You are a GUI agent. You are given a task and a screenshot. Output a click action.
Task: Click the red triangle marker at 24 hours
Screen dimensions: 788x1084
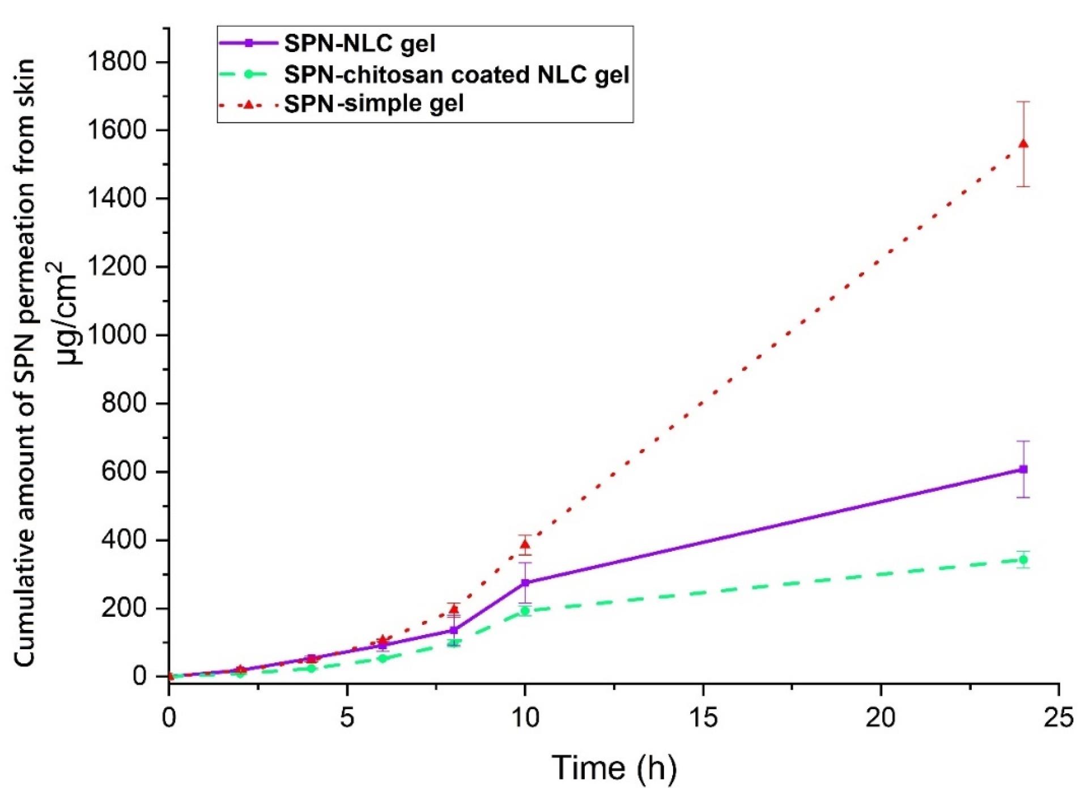[1023, 144]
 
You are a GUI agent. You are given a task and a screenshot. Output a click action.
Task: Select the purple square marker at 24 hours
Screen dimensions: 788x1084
[1023, 469]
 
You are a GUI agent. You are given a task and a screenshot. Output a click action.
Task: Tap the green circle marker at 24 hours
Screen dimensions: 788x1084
[1023, 560]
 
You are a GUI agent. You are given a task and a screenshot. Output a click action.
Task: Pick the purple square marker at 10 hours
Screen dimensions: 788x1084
[525, 582]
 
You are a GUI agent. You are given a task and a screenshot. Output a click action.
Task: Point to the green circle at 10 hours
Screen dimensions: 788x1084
[525, 611]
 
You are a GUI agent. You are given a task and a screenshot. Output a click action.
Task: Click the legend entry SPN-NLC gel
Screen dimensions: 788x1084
[359, 44]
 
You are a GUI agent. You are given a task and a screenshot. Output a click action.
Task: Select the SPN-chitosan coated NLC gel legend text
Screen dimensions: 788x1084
[456, 74]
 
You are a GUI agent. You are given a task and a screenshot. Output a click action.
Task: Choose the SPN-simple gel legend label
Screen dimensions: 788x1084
[373, 104]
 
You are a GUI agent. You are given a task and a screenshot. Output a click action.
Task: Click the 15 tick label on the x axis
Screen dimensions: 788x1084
[703, 718]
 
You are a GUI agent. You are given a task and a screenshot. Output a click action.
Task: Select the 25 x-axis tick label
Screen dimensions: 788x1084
[1059, 718]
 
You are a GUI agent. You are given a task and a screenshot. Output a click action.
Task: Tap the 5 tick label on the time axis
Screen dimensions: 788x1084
[347, 718]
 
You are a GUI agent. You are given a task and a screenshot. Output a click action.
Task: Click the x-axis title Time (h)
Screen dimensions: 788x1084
[614, 768]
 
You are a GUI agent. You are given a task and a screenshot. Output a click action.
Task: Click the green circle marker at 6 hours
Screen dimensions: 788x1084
[382, 658]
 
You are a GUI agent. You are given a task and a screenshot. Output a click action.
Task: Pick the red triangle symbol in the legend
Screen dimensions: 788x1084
[248, 104]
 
